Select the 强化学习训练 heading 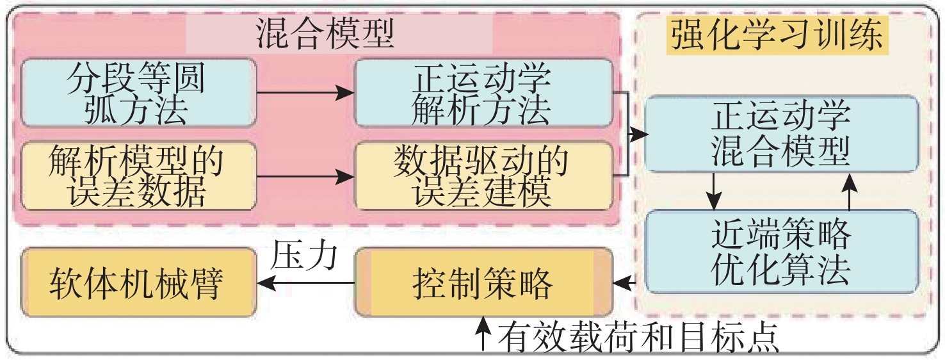(x=776, y=35)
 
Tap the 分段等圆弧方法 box (x=138, y=94)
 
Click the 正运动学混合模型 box (x=781, y=134)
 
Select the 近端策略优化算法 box (x=781, y=251)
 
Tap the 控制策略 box (x=483, y=282)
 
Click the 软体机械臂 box (x=137, y=282)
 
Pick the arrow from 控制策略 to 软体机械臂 (x=305, y=282)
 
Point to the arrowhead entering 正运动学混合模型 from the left (x=638, y=134)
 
